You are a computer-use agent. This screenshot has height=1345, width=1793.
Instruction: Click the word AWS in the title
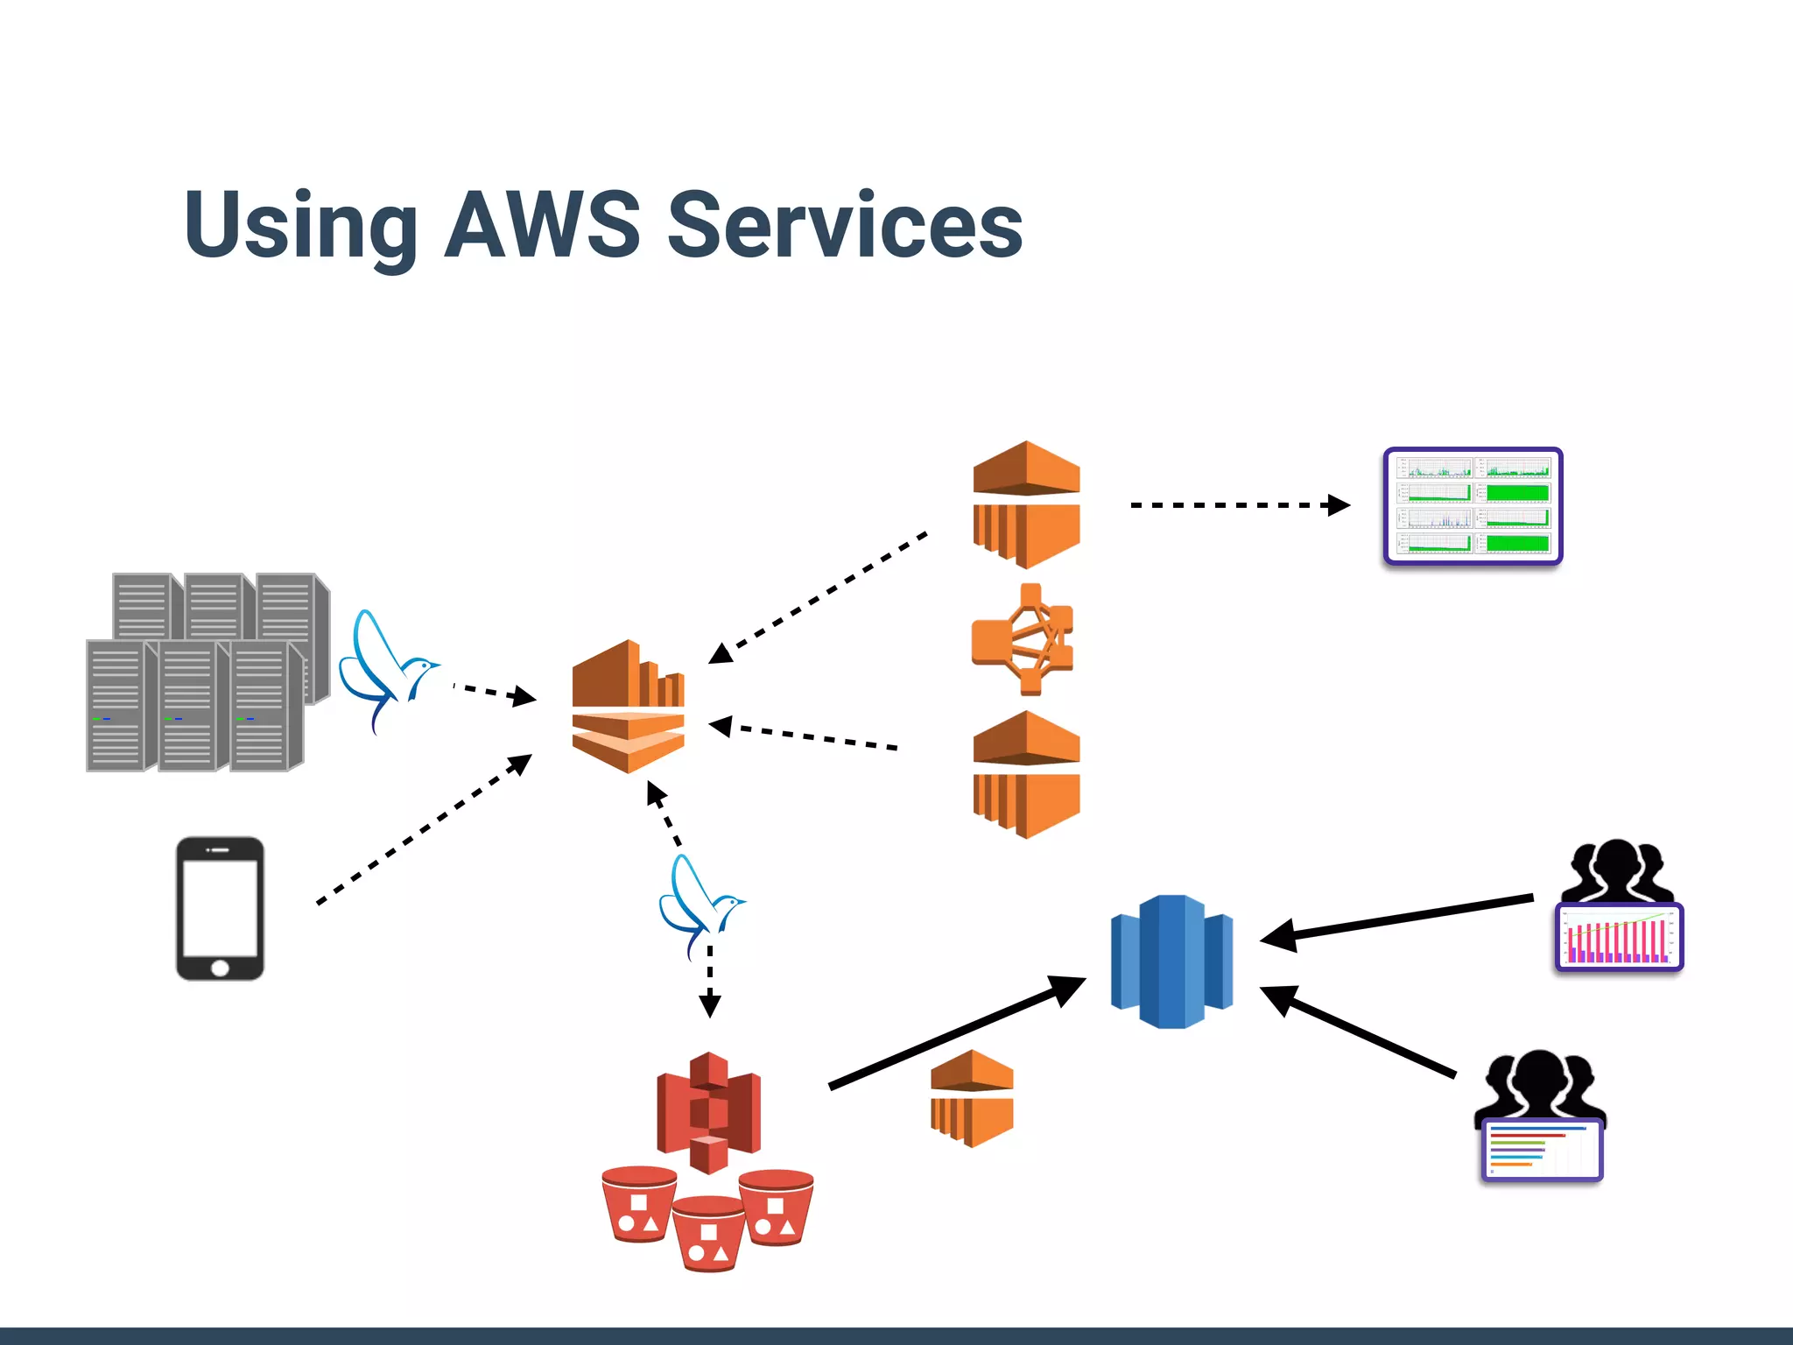(543, 225)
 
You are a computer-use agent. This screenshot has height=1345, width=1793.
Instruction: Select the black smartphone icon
(220, 908)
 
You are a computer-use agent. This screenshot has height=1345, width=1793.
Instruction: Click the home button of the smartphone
(220, 968)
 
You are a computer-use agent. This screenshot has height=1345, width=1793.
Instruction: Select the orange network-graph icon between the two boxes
(1023, 639)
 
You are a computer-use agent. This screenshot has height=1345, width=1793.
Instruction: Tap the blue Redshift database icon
(1171, 961)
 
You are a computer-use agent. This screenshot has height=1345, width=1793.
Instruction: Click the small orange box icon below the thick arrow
(971, 1098)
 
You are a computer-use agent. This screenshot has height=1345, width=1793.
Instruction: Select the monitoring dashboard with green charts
(1473, 506)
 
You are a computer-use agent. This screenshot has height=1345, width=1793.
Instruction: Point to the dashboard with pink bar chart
(1619, 937)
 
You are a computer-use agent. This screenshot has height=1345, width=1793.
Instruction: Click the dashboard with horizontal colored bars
(1542, 1150)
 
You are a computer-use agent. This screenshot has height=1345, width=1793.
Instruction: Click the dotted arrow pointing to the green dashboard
(1239, 505)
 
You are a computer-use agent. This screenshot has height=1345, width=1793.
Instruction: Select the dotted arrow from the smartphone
(425, 828)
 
